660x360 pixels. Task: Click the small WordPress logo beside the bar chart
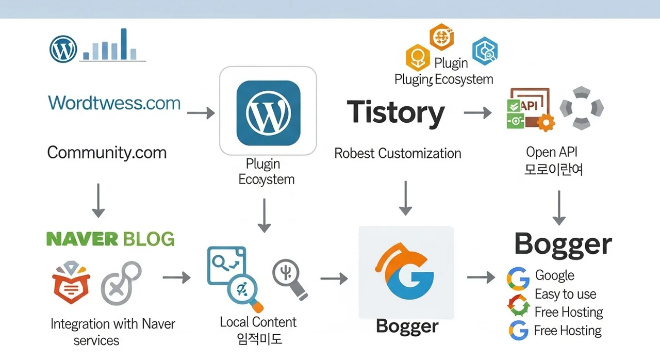(x=63, y=50)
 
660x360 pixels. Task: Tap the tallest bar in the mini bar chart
(x=124, y=43)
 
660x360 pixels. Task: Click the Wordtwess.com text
(x=114, y=103)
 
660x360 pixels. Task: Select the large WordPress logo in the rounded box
(x=268, y=113)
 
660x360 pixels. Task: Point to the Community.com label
(x=107, y=152)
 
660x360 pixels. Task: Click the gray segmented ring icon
(x=581, y=107)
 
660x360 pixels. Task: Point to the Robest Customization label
(x=398, y=153)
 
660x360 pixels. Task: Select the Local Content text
(x=258, y=322)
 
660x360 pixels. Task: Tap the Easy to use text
(x=565, y=294)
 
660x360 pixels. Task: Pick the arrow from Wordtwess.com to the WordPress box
(x=201, y=113)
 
